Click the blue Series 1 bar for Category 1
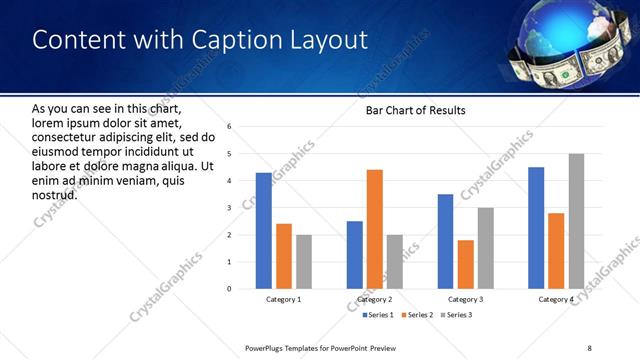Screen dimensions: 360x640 coord(263,231)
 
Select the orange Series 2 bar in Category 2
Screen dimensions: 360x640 coord(375,229)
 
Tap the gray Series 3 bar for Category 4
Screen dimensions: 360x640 coord(576,221)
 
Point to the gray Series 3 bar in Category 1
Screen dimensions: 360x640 coord(303,262)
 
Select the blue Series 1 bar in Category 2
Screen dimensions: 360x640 coord(355,255)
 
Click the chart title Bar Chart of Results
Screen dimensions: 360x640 coord(415,110)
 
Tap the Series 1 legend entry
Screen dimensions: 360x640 coord(377,315)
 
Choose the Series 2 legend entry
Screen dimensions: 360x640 coord(415,315)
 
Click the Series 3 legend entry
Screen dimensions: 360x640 coord(455,315)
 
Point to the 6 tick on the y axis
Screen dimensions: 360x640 coord(229,127)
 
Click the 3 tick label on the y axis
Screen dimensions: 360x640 coord(229,208)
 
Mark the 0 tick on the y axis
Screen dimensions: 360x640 coord(229,289)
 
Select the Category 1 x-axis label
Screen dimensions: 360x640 coord(283,299)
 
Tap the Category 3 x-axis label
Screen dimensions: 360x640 coord(465,299)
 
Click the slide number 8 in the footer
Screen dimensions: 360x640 coord(589,348)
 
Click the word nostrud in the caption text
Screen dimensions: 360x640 coord(55,193)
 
